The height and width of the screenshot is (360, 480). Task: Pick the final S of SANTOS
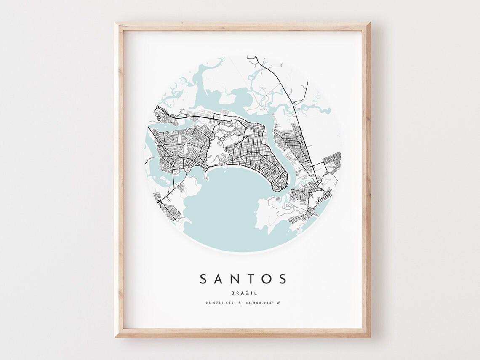pos(283,279)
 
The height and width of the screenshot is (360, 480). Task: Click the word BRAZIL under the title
pos(244,293)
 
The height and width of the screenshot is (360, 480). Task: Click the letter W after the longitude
pos(278,303)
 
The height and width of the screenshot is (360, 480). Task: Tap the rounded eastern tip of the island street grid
pos(281,185)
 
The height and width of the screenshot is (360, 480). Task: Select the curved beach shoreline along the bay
pos(236,166)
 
